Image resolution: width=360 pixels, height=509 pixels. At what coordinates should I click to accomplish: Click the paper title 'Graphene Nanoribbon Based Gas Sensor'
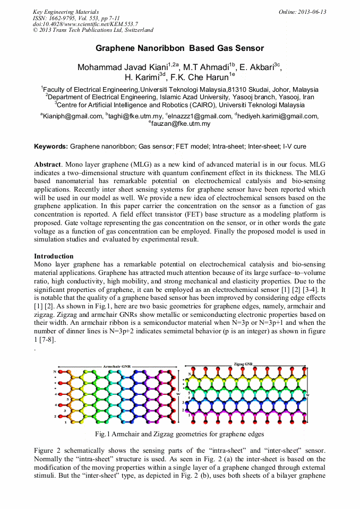(x=179, y=48)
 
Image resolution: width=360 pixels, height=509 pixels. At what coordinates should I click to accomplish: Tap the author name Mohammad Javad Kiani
(x=122, y=67)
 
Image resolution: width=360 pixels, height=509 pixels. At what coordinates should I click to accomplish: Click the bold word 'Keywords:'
(x=51, y=146)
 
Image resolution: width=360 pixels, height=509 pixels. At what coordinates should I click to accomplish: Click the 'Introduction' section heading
(x=54, y=256)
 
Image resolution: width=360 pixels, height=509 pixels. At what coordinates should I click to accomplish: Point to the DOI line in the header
(x=85, y=24)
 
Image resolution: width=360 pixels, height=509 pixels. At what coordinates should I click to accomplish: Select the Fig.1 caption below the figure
(x=179, y=434)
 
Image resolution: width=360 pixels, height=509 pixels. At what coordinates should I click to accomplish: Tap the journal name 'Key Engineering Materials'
(x=66, y=12)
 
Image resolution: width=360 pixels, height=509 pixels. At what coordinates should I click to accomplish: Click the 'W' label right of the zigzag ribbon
(x=308, y=396)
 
